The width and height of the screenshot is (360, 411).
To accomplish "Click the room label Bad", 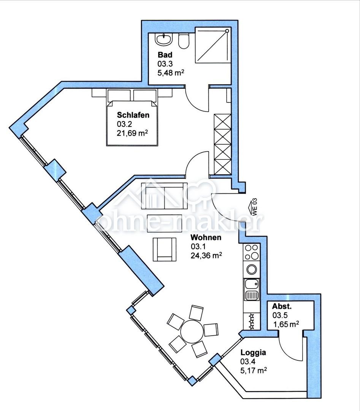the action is point(165,55).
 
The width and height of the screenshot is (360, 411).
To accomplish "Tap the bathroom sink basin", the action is point(164,40).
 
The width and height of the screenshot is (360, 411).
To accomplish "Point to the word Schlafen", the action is point(133,115).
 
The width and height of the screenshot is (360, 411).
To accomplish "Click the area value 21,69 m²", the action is point(132,133).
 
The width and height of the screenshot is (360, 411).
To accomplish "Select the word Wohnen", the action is point(206,237).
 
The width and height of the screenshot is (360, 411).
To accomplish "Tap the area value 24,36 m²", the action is point(206,255).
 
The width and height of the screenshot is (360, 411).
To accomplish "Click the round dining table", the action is point(192,331).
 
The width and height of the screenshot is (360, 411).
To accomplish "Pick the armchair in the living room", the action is point(165,249).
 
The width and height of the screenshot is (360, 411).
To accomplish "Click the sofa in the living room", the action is point(164,196).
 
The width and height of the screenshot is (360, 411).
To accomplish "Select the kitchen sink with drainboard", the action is point(252,290).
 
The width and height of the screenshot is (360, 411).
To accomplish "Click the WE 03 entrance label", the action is point(254,207).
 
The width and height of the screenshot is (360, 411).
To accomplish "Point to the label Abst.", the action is point(282,306).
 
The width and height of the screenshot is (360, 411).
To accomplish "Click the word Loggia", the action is point(253,352).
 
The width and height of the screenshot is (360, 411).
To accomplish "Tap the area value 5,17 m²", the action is point(254,370).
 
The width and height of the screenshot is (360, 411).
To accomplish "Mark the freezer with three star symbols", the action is point(252,321).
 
